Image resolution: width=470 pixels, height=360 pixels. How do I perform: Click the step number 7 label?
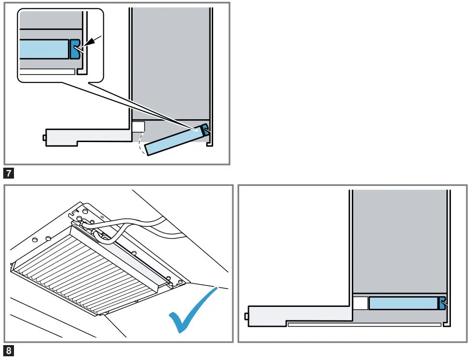tap(8, 174)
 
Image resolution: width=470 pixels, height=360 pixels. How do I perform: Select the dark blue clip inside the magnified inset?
tap(75, 49)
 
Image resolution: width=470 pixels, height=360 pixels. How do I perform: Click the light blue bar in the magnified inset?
tap(45, 49)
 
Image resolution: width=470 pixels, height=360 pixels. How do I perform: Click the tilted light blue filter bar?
tap(172, 143)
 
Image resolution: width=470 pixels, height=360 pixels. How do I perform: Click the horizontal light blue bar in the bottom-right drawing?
tap(403, 303)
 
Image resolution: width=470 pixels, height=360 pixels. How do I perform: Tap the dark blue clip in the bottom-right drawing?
tap(442, 303)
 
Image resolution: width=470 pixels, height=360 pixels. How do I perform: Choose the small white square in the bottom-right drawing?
tap(360, 303)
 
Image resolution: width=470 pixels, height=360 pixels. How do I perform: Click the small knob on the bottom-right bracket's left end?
tap(246, 317)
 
